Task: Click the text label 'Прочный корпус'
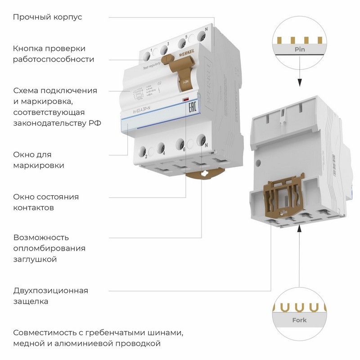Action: pos(47,17)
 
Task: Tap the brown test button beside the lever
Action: pos(167,60)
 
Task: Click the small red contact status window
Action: pos(184,99)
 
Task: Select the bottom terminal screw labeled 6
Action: pos(181,143)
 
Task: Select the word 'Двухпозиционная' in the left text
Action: pos(50,290)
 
